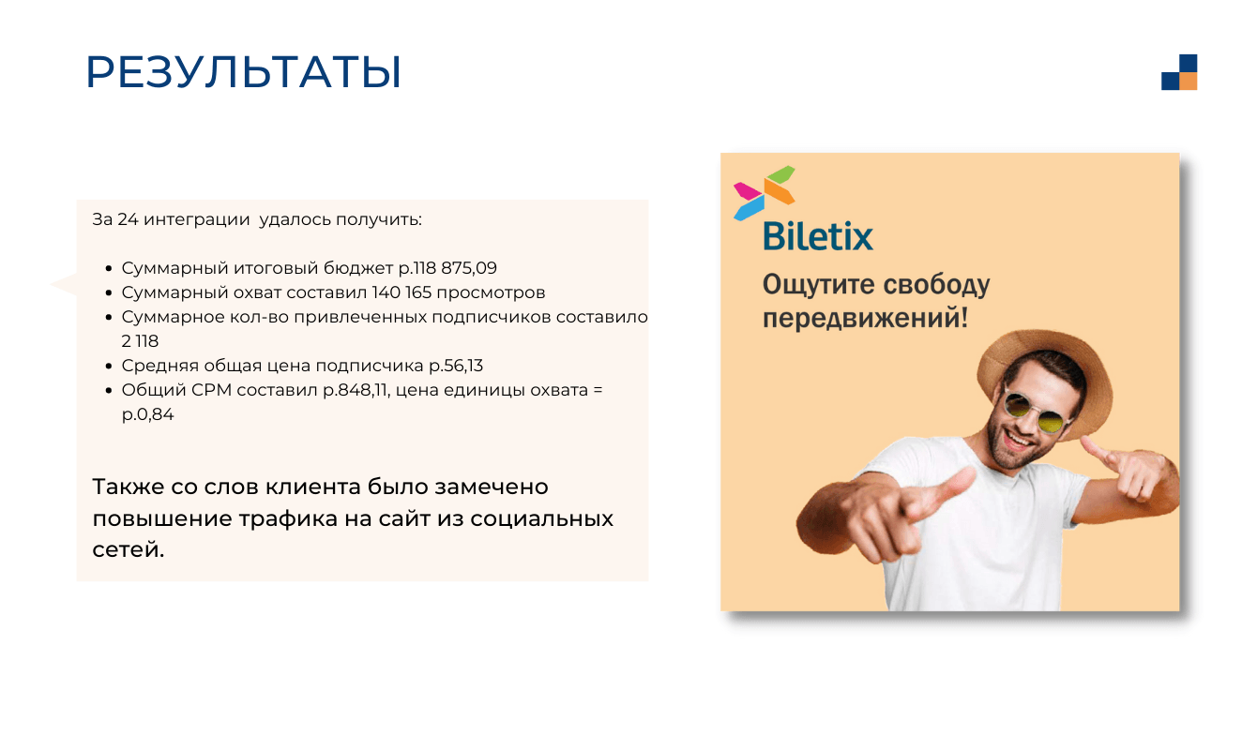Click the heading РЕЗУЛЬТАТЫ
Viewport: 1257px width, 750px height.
click(244, 72)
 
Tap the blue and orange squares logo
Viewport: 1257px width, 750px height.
click(1179, 72)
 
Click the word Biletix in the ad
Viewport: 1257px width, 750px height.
click(818, 236)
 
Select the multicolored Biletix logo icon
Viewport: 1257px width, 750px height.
click(765, 193)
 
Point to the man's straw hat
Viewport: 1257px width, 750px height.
click(1044, 370)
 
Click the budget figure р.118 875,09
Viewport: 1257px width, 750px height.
click(447, 268)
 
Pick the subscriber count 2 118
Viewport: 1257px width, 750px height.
click(141, 341)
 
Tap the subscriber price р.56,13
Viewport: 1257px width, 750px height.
click(456, 366)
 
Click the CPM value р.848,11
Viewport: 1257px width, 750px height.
click(356, 390)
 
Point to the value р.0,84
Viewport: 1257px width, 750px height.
click(147, 414)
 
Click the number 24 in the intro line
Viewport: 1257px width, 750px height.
click(128, 219)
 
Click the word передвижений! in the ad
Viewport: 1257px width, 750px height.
click(865, 318)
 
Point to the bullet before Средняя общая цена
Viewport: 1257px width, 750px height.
click(109, 367)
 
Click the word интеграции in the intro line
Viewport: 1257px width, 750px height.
click(196, 220)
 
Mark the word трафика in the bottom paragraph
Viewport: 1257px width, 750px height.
click(288, 518)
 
